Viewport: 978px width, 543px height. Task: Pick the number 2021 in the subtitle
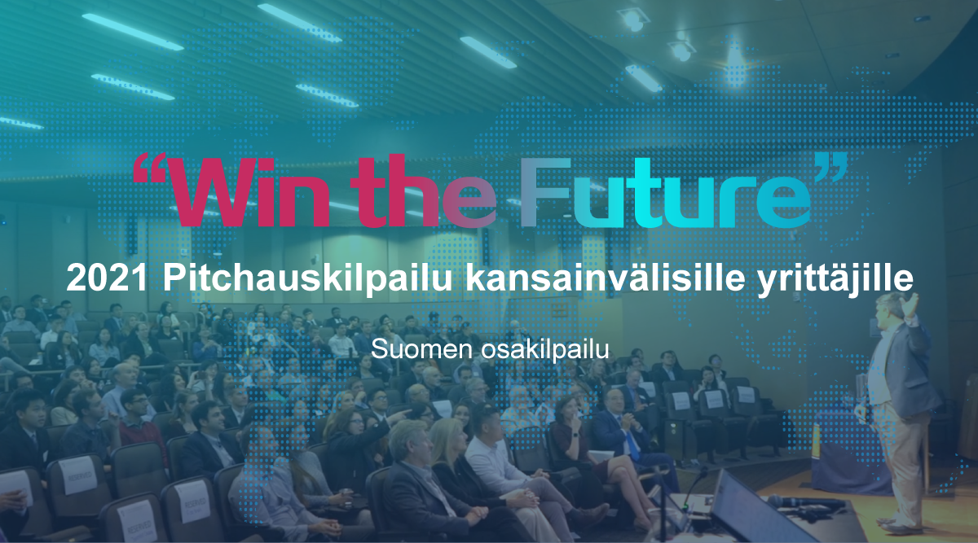click(x=108, y=279)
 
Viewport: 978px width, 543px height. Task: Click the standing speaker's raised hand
click(x=914, y=304)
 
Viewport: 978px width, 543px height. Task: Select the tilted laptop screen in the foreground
click(x=746, y=509)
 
